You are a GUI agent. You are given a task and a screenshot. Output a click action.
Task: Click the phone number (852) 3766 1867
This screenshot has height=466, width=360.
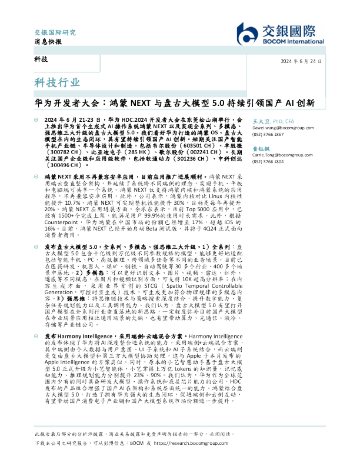click(x=268, y=135)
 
